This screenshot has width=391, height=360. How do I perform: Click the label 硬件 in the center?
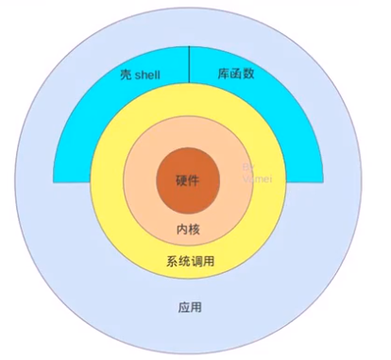(x=188, y=180)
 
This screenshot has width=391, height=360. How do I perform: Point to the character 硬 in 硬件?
(x=182, y=180)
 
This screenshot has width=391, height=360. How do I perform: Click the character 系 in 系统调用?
(x=171, y=262)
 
